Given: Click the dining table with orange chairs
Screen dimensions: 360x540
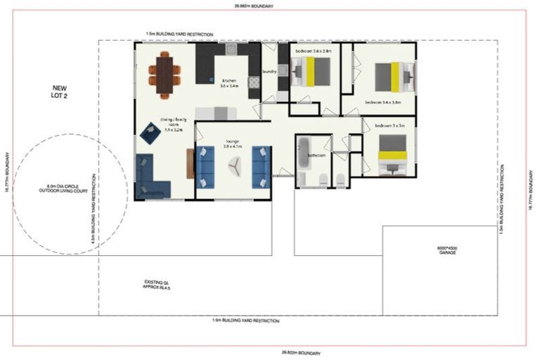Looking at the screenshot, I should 164,74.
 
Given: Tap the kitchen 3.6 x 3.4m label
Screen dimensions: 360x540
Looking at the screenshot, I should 230,83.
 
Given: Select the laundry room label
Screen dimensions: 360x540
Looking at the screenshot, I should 269,71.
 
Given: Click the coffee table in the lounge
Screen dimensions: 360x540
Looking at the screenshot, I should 233,166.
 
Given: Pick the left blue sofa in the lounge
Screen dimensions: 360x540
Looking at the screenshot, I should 205,167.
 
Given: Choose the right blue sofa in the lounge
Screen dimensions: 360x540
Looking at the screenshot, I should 261,167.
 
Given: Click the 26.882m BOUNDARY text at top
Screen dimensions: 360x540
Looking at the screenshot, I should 254,6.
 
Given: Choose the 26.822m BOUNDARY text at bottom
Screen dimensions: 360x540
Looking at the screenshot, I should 301,352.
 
